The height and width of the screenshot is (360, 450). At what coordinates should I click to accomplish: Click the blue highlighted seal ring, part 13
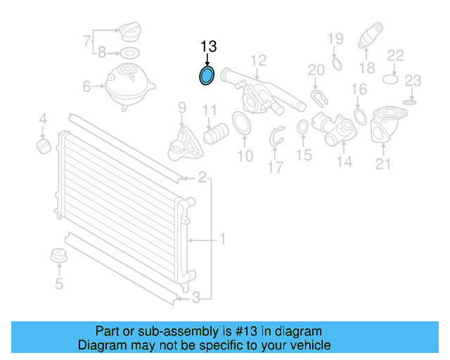point(207,75)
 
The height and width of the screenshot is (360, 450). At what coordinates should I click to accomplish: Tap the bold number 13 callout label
point(208,46)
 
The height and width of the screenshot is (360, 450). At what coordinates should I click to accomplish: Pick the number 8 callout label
point(101,52)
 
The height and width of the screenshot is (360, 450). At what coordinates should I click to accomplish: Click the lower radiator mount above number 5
point(59,257)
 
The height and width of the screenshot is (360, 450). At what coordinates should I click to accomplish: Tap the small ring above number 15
point(303,127)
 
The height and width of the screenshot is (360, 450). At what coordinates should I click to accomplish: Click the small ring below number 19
point(335,65)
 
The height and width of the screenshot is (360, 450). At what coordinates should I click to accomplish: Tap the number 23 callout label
point(413,79)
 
